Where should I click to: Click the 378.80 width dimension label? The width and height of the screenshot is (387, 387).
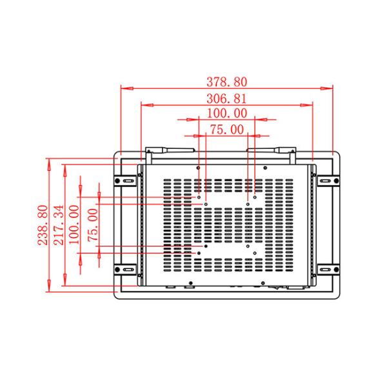tap(227, 83)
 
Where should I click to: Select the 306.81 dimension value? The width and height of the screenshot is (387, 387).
tap(227, 99)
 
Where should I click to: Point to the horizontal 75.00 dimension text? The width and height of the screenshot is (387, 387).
tap(227, 130)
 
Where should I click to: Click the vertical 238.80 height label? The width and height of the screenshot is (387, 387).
tap(43, 225)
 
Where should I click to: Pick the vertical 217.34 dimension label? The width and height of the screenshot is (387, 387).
tap(58, 225)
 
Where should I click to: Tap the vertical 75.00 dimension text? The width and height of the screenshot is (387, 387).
tap(93, 225)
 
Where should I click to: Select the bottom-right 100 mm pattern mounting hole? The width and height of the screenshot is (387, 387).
tap(255, 253)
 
